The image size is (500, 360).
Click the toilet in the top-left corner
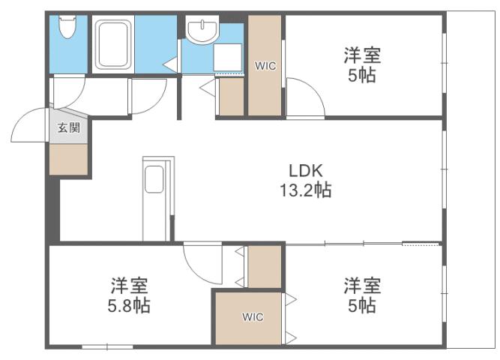click(x=67, y=31)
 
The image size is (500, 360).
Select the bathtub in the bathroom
click(x=112, y=44)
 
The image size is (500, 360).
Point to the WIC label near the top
click(x=265, y=66)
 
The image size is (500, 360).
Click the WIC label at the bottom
click(x=253, y=316)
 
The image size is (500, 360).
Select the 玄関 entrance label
click(x=68, y=127)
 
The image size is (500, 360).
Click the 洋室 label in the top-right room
click(x=363, y=55)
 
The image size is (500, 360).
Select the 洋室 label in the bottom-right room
click(x=363, y=285)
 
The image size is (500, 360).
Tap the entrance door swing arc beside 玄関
click(x=30, y=126)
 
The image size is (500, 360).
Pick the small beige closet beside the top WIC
click(x=231, y=96)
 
